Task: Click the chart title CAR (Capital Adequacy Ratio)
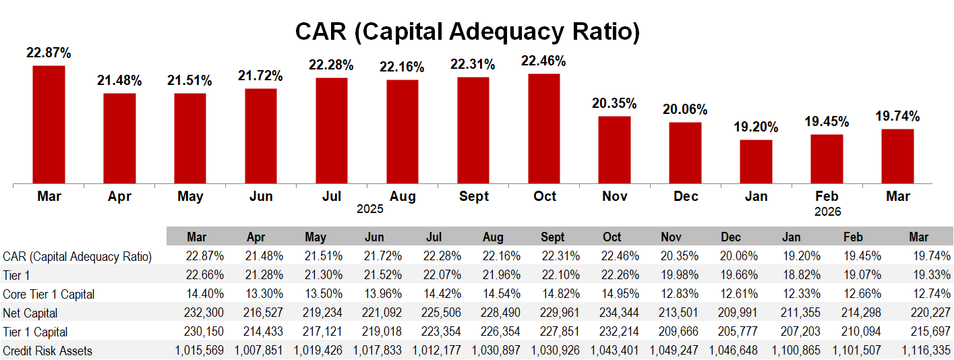[x=467, y=32]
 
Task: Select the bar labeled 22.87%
[x=49, y=124]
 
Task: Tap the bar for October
[x=544, y=128]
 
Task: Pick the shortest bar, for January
[x=756, y=161]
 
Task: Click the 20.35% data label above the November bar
[x=614, y=104]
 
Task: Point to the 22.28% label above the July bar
[x=331, y=65]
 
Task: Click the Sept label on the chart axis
[x=473, y=196]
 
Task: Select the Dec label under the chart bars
[x=685, y=196]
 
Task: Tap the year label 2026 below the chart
[x=827, y=212]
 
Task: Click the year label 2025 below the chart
[x=370, y=210]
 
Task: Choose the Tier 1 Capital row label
[x=35, y=332]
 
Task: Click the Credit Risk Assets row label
[x=47, y=351]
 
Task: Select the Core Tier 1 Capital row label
[x=49, y=294]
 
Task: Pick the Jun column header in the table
[x=375, y=237]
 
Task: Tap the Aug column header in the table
[x=493, y=237]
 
